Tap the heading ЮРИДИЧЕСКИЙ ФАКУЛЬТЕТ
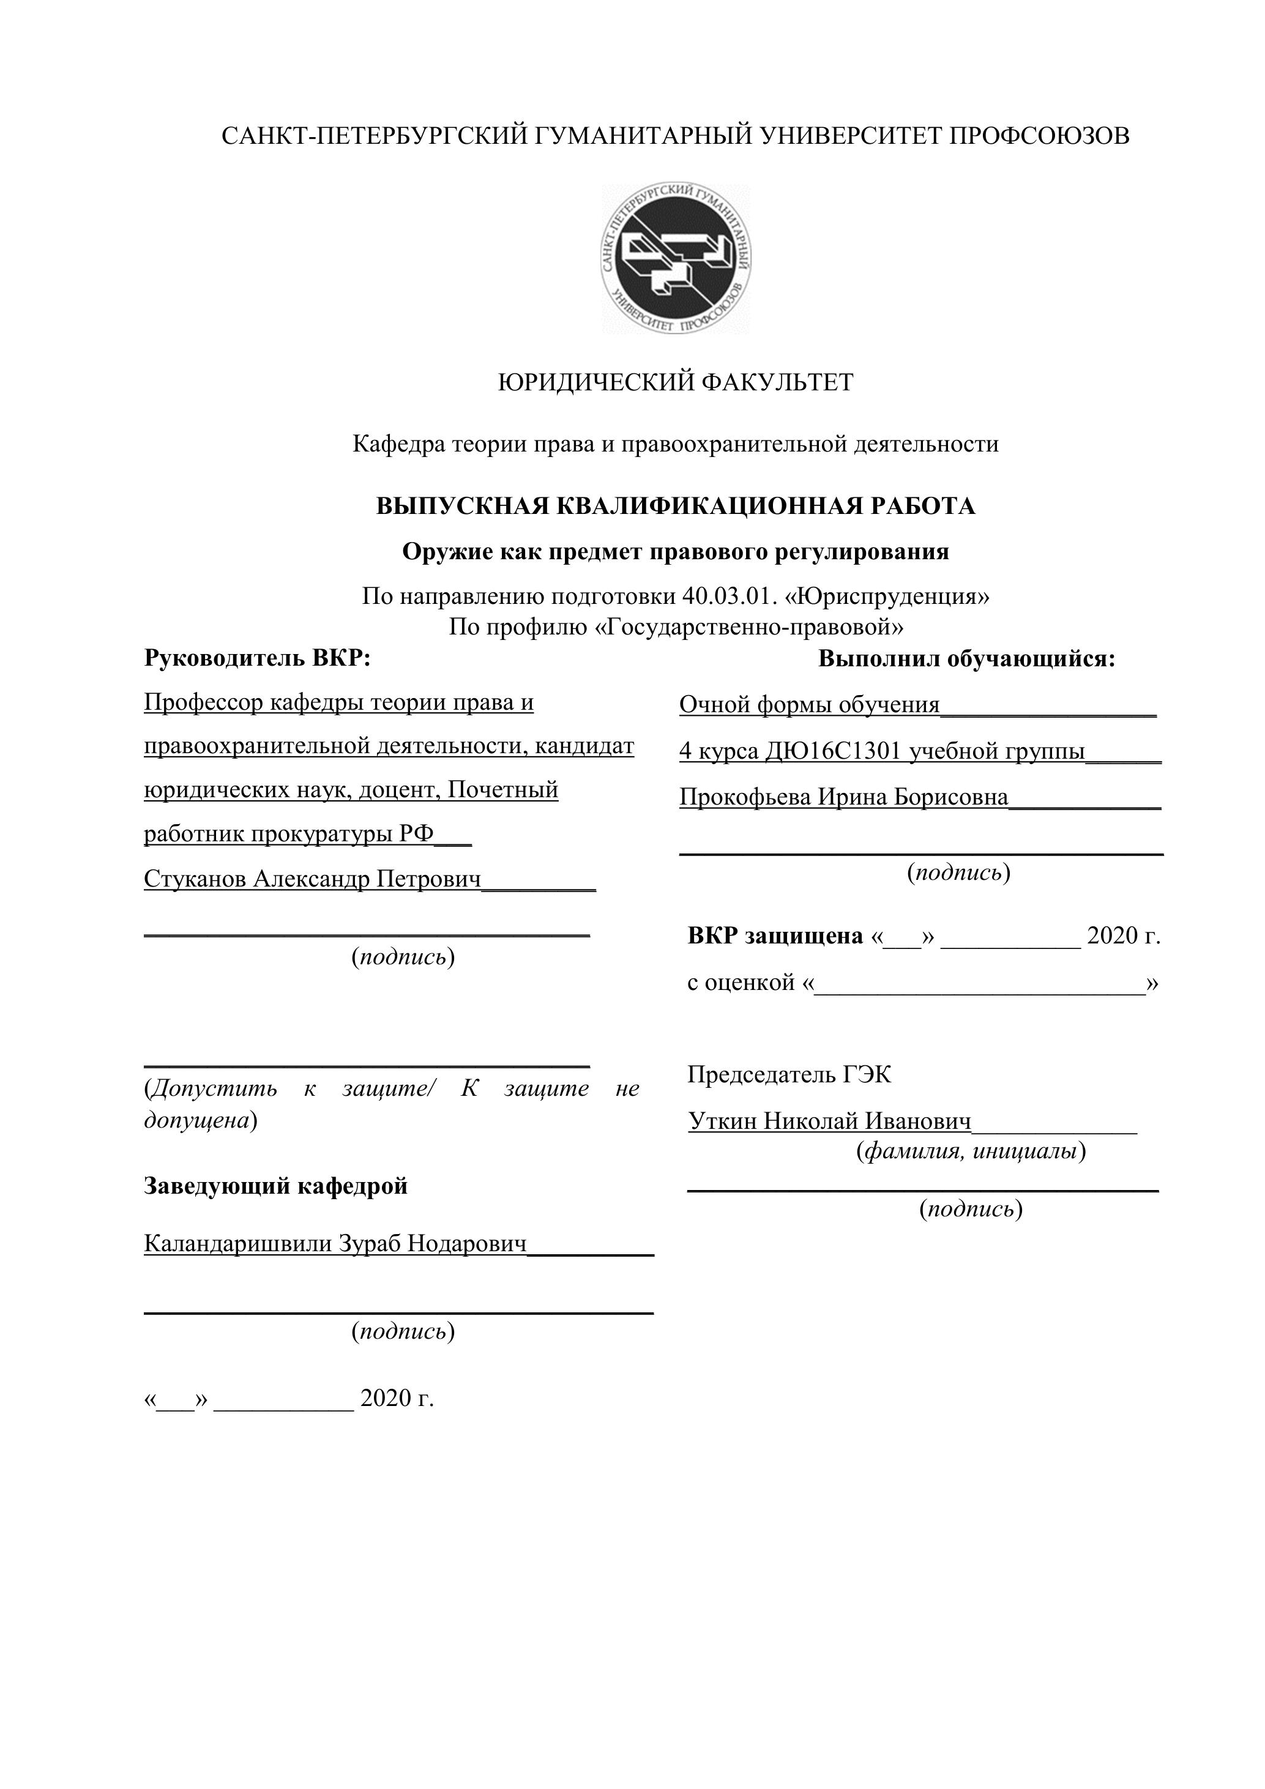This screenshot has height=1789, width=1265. tap(675, 382)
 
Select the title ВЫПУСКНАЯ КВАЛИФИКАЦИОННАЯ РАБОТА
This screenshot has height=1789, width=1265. tap(675, 507)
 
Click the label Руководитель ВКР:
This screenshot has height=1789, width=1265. tap(257, 658)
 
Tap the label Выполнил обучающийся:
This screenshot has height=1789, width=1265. tap(966, 659)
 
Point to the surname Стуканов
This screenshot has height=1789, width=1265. tap(195, 879)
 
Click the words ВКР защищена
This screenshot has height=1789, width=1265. tap(775, 935)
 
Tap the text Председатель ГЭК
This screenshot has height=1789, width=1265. tap(789, 1075)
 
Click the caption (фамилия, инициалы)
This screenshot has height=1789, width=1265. tap(971, 1151)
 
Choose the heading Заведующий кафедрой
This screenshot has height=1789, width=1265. tap(276, 1186)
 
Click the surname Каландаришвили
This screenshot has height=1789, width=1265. tap(237, 1244)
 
